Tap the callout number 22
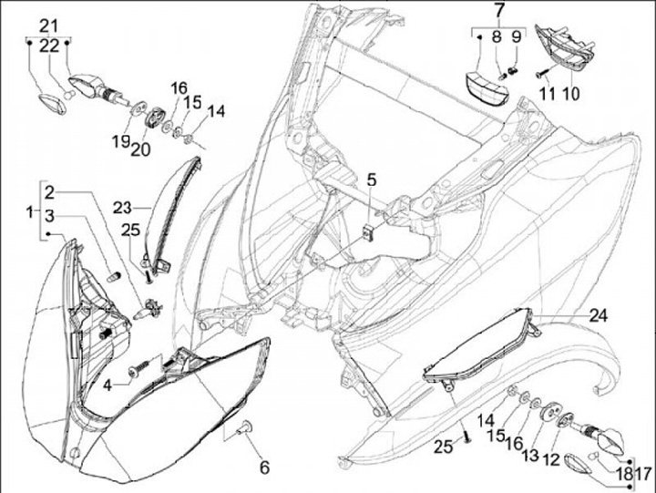pyautogui.click(x=49, y=45)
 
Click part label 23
pyautogui.click(x=123, y=206)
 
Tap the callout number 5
pyautogui.click(x=372, y=180)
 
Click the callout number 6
pyautogui.click(x=264, y=467)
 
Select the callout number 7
pyautogui.click(x=499, y=11)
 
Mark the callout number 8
pyautogui.click(x=497, y=36)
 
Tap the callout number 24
pyautogui.click(x=598, y=316)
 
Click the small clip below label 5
pyautogui.click(x=368, y=231)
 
